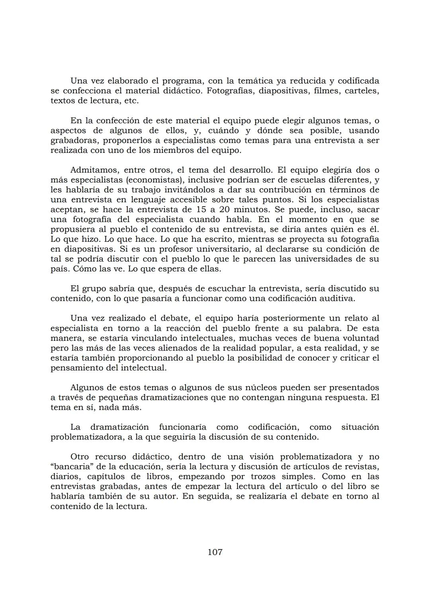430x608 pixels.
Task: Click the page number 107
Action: pyautogui.click(x=215, y=552)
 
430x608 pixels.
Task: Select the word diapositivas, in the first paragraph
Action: pyautogui.click(x=283, y=91)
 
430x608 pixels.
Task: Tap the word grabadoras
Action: pyautogui.click(x=74, y=141)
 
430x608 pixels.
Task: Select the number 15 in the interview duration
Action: pyautogui.click(x=202, y=209)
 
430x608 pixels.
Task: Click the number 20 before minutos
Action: pyautogui.click(x=224, y=209)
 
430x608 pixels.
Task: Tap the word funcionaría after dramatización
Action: pyautogui.click(x=182, y=427)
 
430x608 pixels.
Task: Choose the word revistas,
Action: pyautogui.click(x=362, y=467)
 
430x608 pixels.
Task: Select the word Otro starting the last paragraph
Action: pyautogui.click(x=80, y=457)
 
